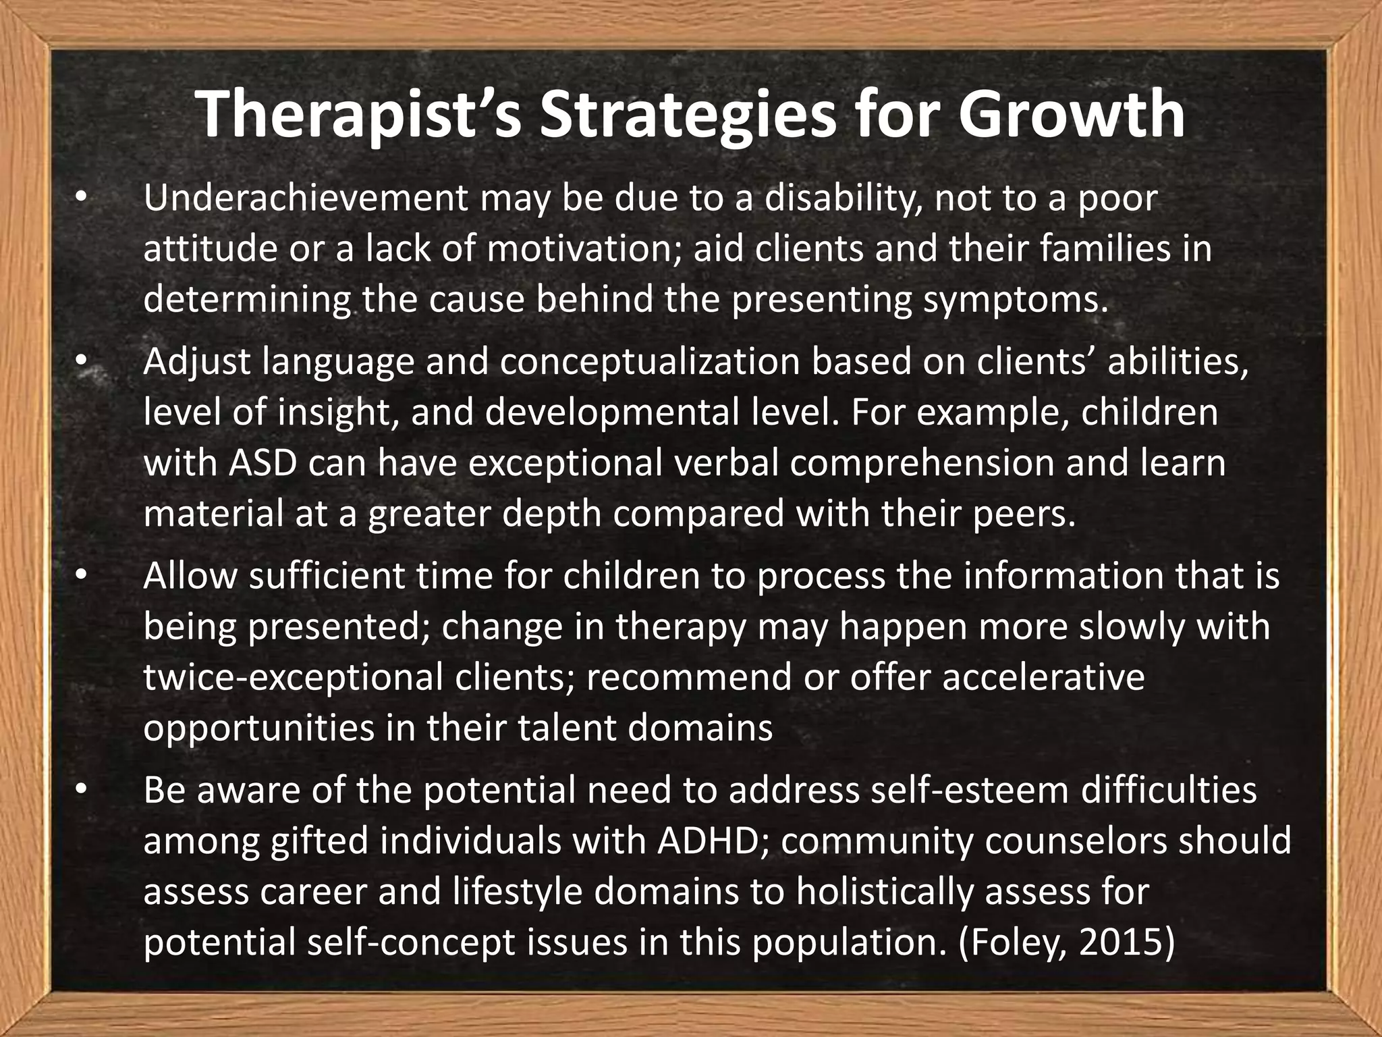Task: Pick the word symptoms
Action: [x=1016, y=299]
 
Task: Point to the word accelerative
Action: [x=1043, y=678]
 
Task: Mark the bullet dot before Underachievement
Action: [x=82, y=198]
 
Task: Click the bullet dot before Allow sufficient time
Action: [x=82, y=577]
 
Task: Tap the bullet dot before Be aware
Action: [x=82, y=791]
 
